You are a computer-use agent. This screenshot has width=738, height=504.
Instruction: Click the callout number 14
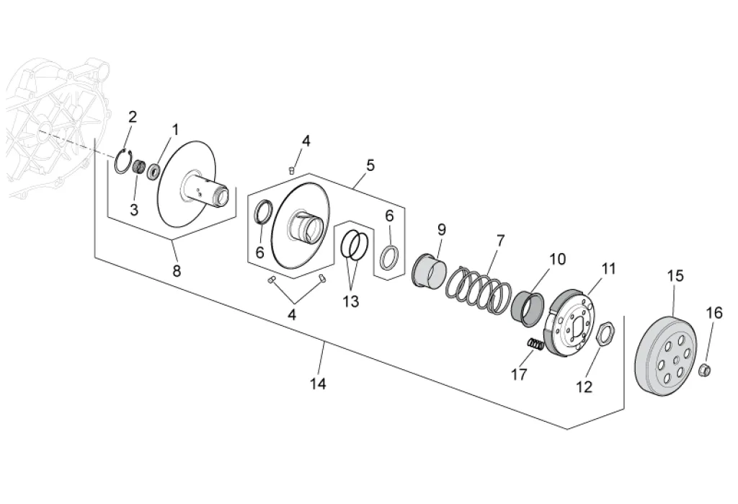pos(318,384)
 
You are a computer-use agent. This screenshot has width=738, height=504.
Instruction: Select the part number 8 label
pos(177,271)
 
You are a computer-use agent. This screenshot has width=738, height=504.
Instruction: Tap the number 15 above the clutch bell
pos(675,275)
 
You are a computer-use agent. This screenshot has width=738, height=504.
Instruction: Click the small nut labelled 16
pos(706,370)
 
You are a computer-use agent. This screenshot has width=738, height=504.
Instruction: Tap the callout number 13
pos(350,301)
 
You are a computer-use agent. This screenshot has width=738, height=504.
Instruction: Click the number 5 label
pos(370,165)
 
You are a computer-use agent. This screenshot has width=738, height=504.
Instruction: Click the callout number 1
pos(174,130)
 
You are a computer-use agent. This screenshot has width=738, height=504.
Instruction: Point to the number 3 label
pos(134,209)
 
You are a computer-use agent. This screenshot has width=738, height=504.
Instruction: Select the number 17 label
pos(519,374)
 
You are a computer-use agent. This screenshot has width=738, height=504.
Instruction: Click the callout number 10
pos(558,258)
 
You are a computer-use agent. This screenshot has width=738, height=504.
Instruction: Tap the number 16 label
pos(713,313)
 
